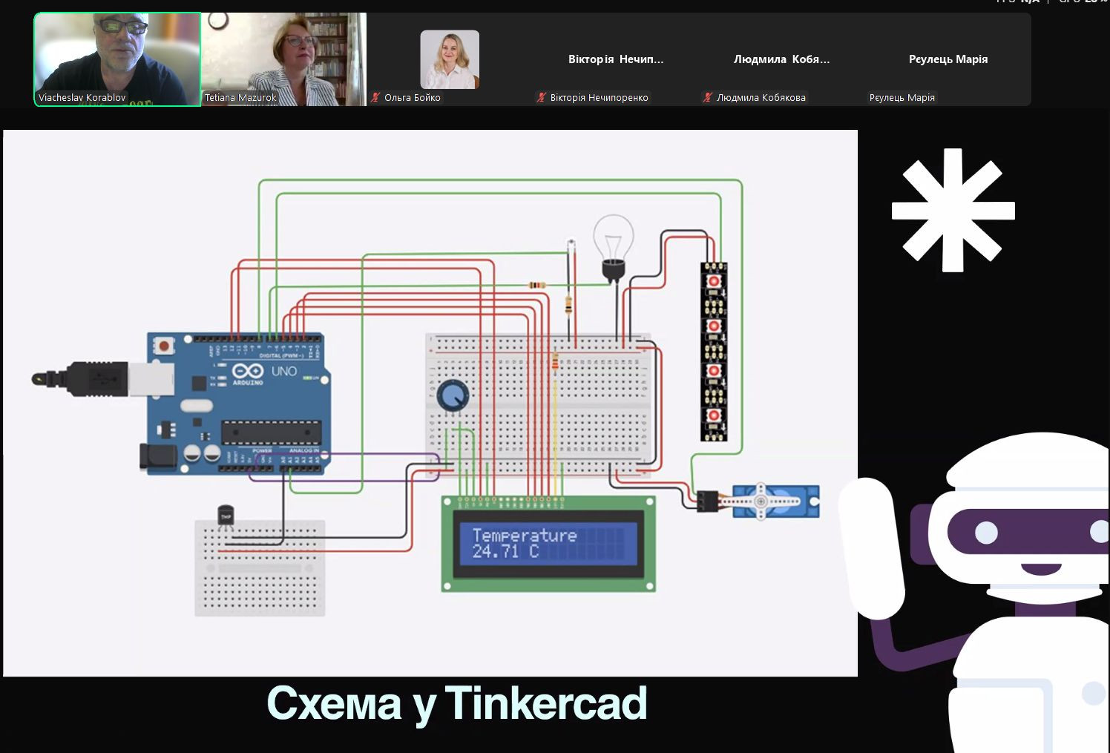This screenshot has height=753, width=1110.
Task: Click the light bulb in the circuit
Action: [613, 245]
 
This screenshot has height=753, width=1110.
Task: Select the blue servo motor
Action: [775, 502]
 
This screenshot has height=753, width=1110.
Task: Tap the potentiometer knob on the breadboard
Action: [452, 395]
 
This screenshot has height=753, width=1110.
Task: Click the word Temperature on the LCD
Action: [524, 535]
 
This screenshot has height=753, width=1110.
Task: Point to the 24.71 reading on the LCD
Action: [496, 551]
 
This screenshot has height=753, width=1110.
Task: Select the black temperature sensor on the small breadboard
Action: [226, 516]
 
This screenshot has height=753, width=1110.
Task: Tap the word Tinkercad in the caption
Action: [546, 703]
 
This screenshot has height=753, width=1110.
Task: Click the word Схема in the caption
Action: [334, 703]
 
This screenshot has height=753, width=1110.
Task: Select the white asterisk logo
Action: [953, 210]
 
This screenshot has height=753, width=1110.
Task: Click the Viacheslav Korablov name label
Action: [82, 98]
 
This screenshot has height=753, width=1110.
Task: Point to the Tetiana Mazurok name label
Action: [240, 98]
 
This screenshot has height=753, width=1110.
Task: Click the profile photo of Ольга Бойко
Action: [450, 59]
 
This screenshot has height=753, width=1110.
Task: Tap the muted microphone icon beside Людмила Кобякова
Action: [708, 98]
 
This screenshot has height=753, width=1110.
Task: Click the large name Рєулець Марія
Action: [948, 59]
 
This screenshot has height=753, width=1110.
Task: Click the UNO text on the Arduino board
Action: [284, 371]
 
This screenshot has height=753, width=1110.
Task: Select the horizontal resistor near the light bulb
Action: [537, 285]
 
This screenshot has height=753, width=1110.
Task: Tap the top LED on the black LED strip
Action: [714, 281]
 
